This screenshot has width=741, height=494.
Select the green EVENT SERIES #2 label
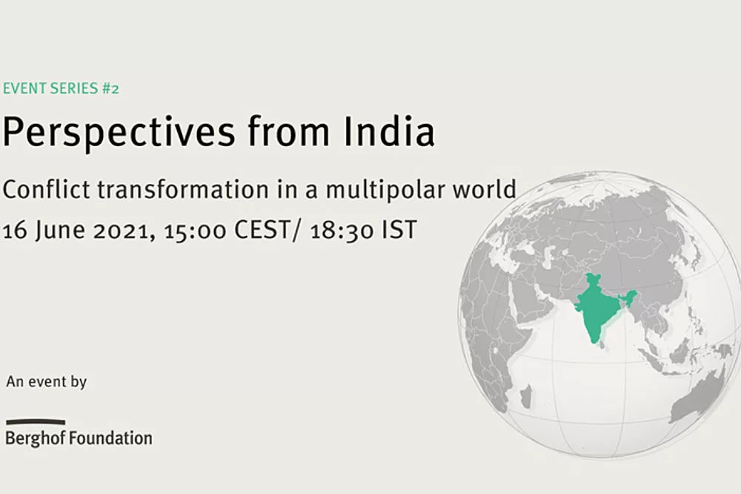click(x=61, y=88)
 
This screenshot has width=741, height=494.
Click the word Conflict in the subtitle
click(x=46, y=189)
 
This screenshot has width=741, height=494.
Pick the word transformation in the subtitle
click(x=183, y=189)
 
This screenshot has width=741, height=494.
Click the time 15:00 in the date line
click(x=195, y=231)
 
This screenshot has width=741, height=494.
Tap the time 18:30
click(x=342, y=231)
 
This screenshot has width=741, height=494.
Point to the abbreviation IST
click(x=399, y=230)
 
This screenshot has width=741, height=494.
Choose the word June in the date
click(x=60, y=231)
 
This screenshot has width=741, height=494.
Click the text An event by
click(x=46, y=382)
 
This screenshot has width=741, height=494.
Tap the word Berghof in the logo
click(x=35, y=438)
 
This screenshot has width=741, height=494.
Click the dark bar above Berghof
click(x=36, y=421)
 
